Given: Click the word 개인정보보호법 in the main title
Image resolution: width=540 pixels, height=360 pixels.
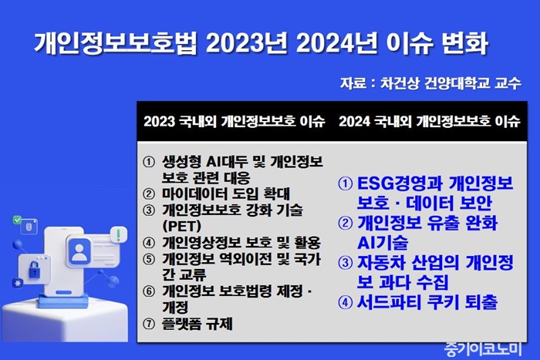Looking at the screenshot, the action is coord(116,43).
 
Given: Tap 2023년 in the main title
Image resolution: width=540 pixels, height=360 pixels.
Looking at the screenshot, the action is coord(246,43).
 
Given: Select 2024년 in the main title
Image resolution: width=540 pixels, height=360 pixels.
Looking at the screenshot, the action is coord(337,43).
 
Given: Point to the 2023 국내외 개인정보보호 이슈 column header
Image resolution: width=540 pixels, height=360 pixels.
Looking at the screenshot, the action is coord(235,121).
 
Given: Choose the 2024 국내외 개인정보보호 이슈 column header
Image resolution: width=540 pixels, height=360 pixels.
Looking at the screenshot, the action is coord(430,121).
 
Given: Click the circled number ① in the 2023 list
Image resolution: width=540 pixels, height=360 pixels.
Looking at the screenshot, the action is coord(149,162).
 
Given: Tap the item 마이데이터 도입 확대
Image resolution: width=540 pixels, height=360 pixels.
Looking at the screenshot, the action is coord(226,193).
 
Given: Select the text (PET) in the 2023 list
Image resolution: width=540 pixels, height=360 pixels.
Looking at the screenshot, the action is coord(182,226).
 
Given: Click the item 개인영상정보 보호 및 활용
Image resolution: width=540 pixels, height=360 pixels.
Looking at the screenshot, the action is coord(241,243).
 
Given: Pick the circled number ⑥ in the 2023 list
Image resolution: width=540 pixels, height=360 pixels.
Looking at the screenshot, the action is coord(149,291).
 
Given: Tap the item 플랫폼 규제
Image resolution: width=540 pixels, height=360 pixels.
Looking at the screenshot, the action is coord(197,324).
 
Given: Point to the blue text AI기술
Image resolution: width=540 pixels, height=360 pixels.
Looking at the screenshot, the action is coord(383,242).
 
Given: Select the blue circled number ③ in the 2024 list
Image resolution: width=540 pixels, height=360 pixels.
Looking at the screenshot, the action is coord(346,263).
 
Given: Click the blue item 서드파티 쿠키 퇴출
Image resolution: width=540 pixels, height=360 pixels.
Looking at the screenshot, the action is coord(427,302).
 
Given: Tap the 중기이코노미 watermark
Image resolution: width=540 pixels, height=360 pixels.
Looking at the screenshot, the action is coord(483,349).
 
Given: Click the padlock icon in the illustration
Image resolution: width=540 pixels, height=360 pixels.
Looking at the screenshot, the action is coord(34,269).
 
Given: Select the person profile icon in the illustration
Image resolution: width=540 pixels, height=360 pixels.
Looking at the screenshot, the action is coord(79,252).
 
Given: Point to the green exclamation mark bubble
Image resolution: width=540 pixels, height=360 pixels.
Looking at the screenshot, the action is coord(119,234).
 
